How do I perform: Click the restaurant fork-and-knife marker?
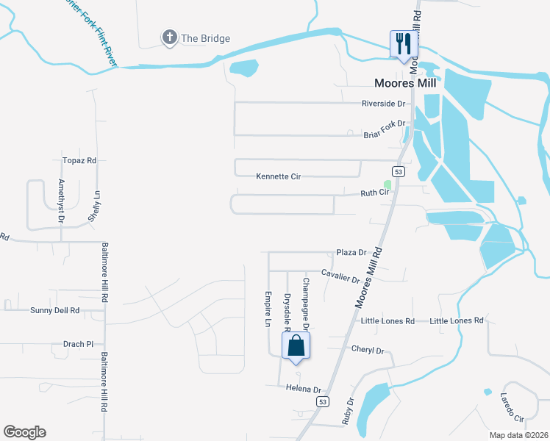point(403,43)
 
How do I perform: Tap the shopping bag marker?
point(296,345)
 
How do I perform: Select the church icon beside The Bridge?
point(169,37)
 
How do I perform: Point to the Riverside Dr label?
point(383,104)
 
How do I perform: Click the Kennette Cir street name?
point(279,176)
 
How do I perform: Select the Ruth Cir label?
point(374,193)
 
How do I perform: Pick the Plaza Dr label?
point(351,252)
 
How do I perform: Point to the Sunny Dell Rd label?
point(55,311)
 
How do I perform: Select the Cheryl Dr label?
point(368,351)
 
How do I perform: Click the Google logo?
point(25,431)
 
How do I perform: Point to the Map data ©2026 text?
point(518,434)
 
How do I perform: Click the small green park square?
point(387,184)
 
